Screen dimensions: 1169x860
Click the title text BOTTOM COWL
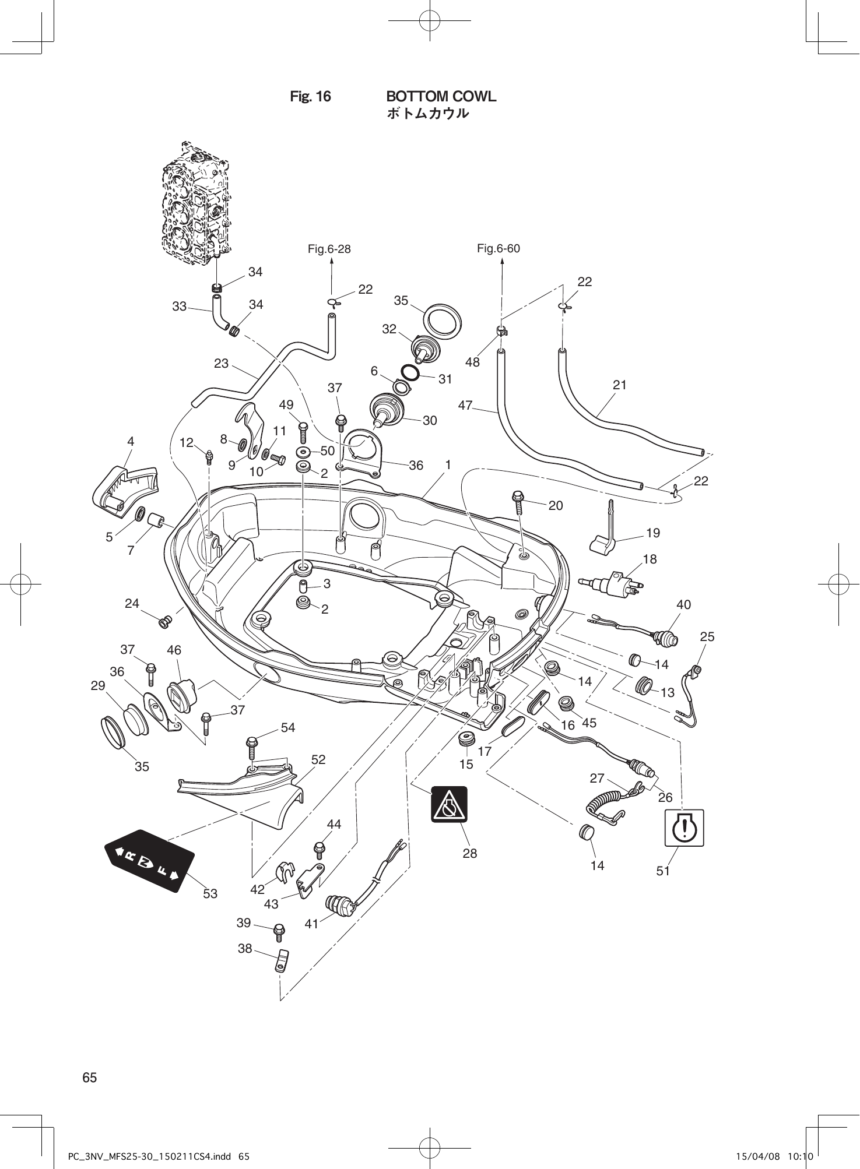[x=441, y=96]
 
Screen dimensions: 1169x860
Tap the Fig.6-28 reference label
[x=329, y=249]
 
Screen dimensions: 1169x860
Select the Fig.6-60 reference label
[x=498, y=249]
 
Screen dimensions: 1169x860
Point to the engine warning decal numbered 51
[x=685, y=828]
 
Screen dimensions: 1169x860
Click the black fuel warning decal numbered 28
[x=449, y=804]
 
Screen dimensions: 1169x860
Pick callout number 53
[x=210, y=893]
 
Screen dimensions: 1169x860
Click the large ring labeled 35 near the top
[x=441, y=320]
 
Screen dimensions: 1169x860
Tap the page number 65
[x=89, y=1078]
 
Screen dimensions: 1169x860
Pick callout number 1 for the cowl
[x=448, y=465]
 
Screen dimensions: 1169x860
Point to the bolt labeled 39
[x=279, y=931]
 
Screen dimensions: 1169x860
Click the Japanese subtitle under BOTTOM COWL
[x=427, y=114]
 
